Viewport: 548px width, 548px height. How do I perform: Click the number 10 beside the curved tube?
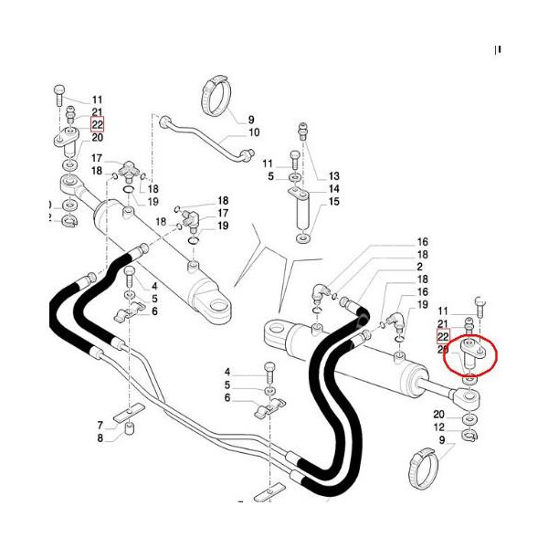pos(254,132)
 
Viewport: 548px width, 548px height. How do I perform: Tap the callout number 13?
pos(333,175)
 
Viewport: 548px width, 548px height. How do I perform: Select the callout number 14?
pos(333,188)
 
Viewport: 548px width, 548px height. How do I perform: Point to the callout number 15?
pos(333,201)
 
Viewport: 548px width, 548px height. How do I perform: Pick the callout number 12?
pos(439,427)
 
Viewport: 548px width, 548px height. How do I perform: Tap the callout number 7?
pos(100,425)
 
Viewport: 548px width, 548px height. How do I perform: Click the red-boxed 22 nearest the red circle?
pos(444,337)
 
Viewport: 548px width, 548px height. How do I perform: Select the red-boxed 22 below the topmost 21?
pos(97,125)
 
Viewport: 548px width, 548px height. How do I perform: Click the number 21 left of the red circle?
pos(444,324)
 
